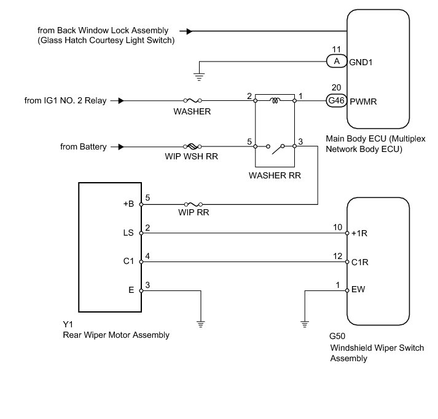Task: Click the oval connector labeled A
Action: click(x=335, y=61)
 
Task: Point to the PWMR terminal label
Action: click(x=362, y=101)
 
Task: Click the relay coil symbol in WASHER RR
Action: click(x=275, y=97)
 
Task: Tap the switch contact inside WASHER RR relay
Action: click(x=276, y=146)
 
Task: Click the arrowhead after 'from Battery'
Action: click(x=121, y=147)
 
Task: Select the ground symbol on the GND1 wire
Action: click(x=198, y=76)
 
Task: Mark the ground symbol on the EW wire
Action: click(x=305, y=322)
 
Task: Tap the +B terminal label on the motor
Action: click(x=128, y=204)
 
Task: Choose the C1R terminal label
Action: click(x=361, y=262)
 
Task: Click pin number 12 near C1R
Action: click(x=337, y=255)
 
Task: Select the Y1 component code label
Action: click(x=68, y=324)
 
